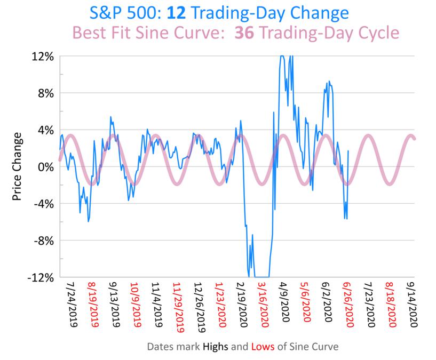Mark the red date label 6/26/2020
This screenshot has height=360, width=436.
(348, 304)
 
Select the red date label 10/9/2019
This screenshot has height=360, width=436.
(135, 304)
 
